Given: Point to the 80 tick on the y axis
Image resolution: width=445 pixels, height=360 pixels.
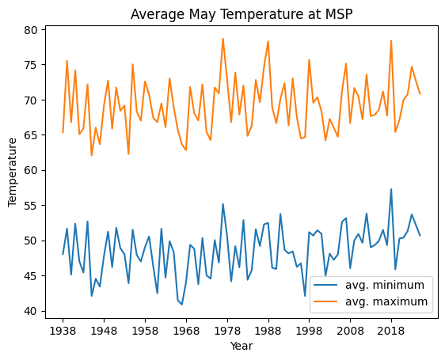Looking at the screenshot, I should coord(37,30).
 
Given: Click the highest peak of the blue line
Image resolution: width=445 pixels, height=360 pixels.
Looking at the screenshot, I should coord(391,189).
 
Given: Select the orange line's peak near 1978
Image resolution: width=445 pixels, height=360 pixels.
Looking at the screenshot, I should coord(223,39).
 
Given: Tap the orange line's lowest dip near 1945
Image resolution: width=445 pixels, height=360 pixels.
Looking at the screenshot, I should coord(92,155).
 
